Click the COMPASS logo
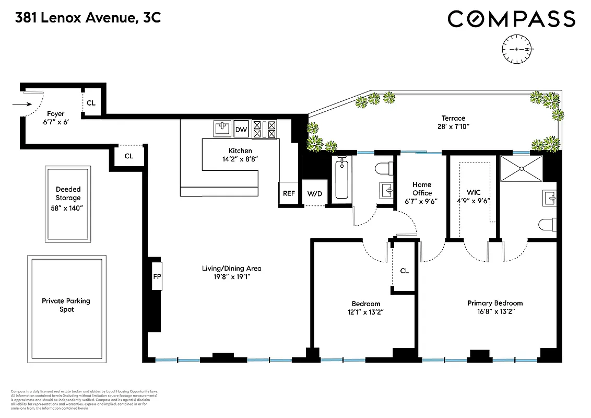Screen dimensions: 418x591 coord(511,19)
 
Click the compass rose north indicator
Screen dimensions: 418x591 coord(516,49)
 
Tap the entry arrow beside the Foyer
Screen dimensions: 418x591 coord(21,104)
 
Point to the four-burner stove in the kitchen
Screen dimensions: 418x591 coord(265,129)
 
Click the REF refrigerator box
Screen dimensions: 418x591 coord(289,193)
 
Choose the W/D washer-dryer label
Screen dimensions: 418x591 coord(315,194)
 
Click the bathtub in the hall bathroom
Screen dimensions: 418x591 coord(341,179)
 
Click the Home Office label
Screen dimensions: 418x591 coord(421,189)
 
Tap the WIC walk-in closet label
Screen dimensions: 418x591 coord(474,193)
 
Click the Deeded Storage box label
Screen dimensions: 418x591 coord(68,194)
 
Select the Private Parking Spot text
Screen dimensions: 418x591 coord(66,305)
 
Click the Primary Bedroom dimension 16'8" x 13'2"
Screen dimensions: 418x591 coord(494,312)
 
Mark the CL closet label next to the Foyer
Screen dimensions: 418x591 coord(91,103)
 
